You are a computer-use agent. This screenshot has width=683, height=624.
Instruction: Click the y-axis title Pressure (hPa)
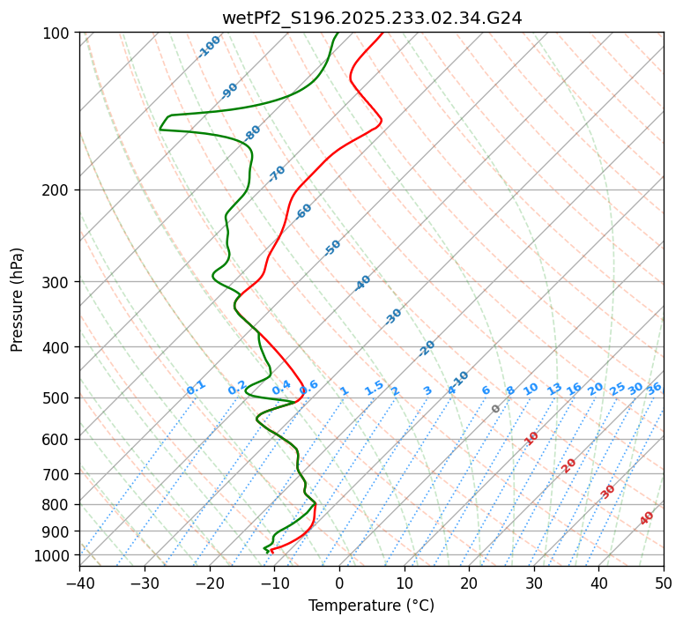click(x=17, y=300)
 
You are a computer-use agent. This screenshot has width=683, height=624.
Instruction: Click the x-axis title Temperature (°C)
click(x=371, y=606)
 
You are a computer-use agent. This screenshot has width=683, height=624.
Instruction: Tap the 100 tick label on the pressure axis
click(x=59, y=33)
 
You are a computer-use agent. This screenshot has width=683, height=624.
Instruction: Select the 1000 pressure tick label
click(x=56, y=555)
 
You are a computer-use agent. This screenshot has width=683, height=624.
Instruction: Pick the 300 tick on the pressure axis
click(x=59, y=282)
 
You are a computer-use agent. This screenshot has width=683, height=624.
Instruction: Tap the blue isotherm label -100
click(x=209, y=47)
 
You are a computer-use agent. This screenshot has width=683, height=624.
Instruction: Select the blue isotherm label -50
click(x=332, y=248)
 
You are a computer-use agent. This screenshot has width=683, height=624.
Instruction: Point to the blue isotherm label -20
click(x=427, y=348)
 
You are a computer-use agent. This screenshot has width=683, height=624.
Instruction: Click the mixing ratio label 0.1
click(x=196, y=387)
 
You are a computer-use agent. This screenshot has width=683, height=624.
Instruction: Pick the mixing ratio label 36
click(x=654, y=388)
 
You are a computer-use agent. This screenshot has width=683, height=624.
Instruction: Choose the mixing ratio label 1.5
click(x=374, y=387)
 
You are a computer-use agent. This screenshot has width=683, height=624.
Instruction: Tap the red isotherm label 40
click(x=647, y=518)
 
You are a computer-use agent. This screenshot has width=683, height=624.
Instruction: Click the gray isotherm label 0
click(x=495, y=409)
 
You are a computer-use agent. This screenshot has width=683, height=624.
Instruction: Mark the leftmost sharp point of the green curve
click(x=160, y=130)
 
